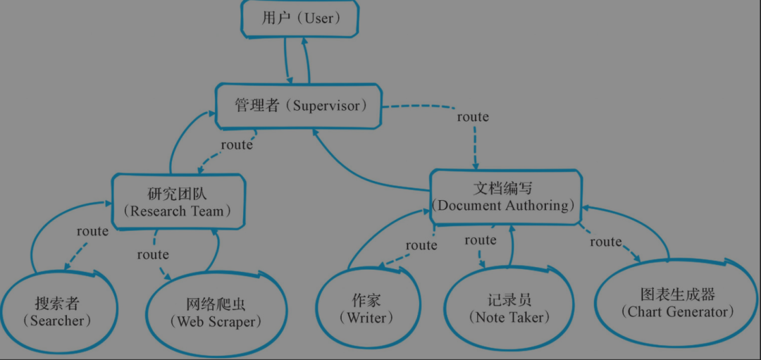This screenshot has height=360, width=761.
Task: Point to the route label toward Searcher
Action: (x=93, y=231)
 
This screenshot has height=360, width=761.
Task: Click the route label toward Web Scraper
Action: (x=153, y=254)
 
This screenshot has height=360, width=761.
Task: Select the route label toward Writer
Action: (x=421, y=245)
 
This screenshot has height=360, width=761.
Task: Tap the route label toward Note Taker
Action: (x=481, y=240)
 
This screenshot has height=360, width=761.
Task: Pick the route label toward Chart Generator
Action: (x=606, y=241)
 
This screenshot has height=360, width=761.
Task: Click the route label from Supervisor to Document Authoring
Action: (x=473, y=117)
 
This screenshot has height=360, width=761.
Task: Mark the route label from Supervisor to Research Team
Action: (x=237, y=144)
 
